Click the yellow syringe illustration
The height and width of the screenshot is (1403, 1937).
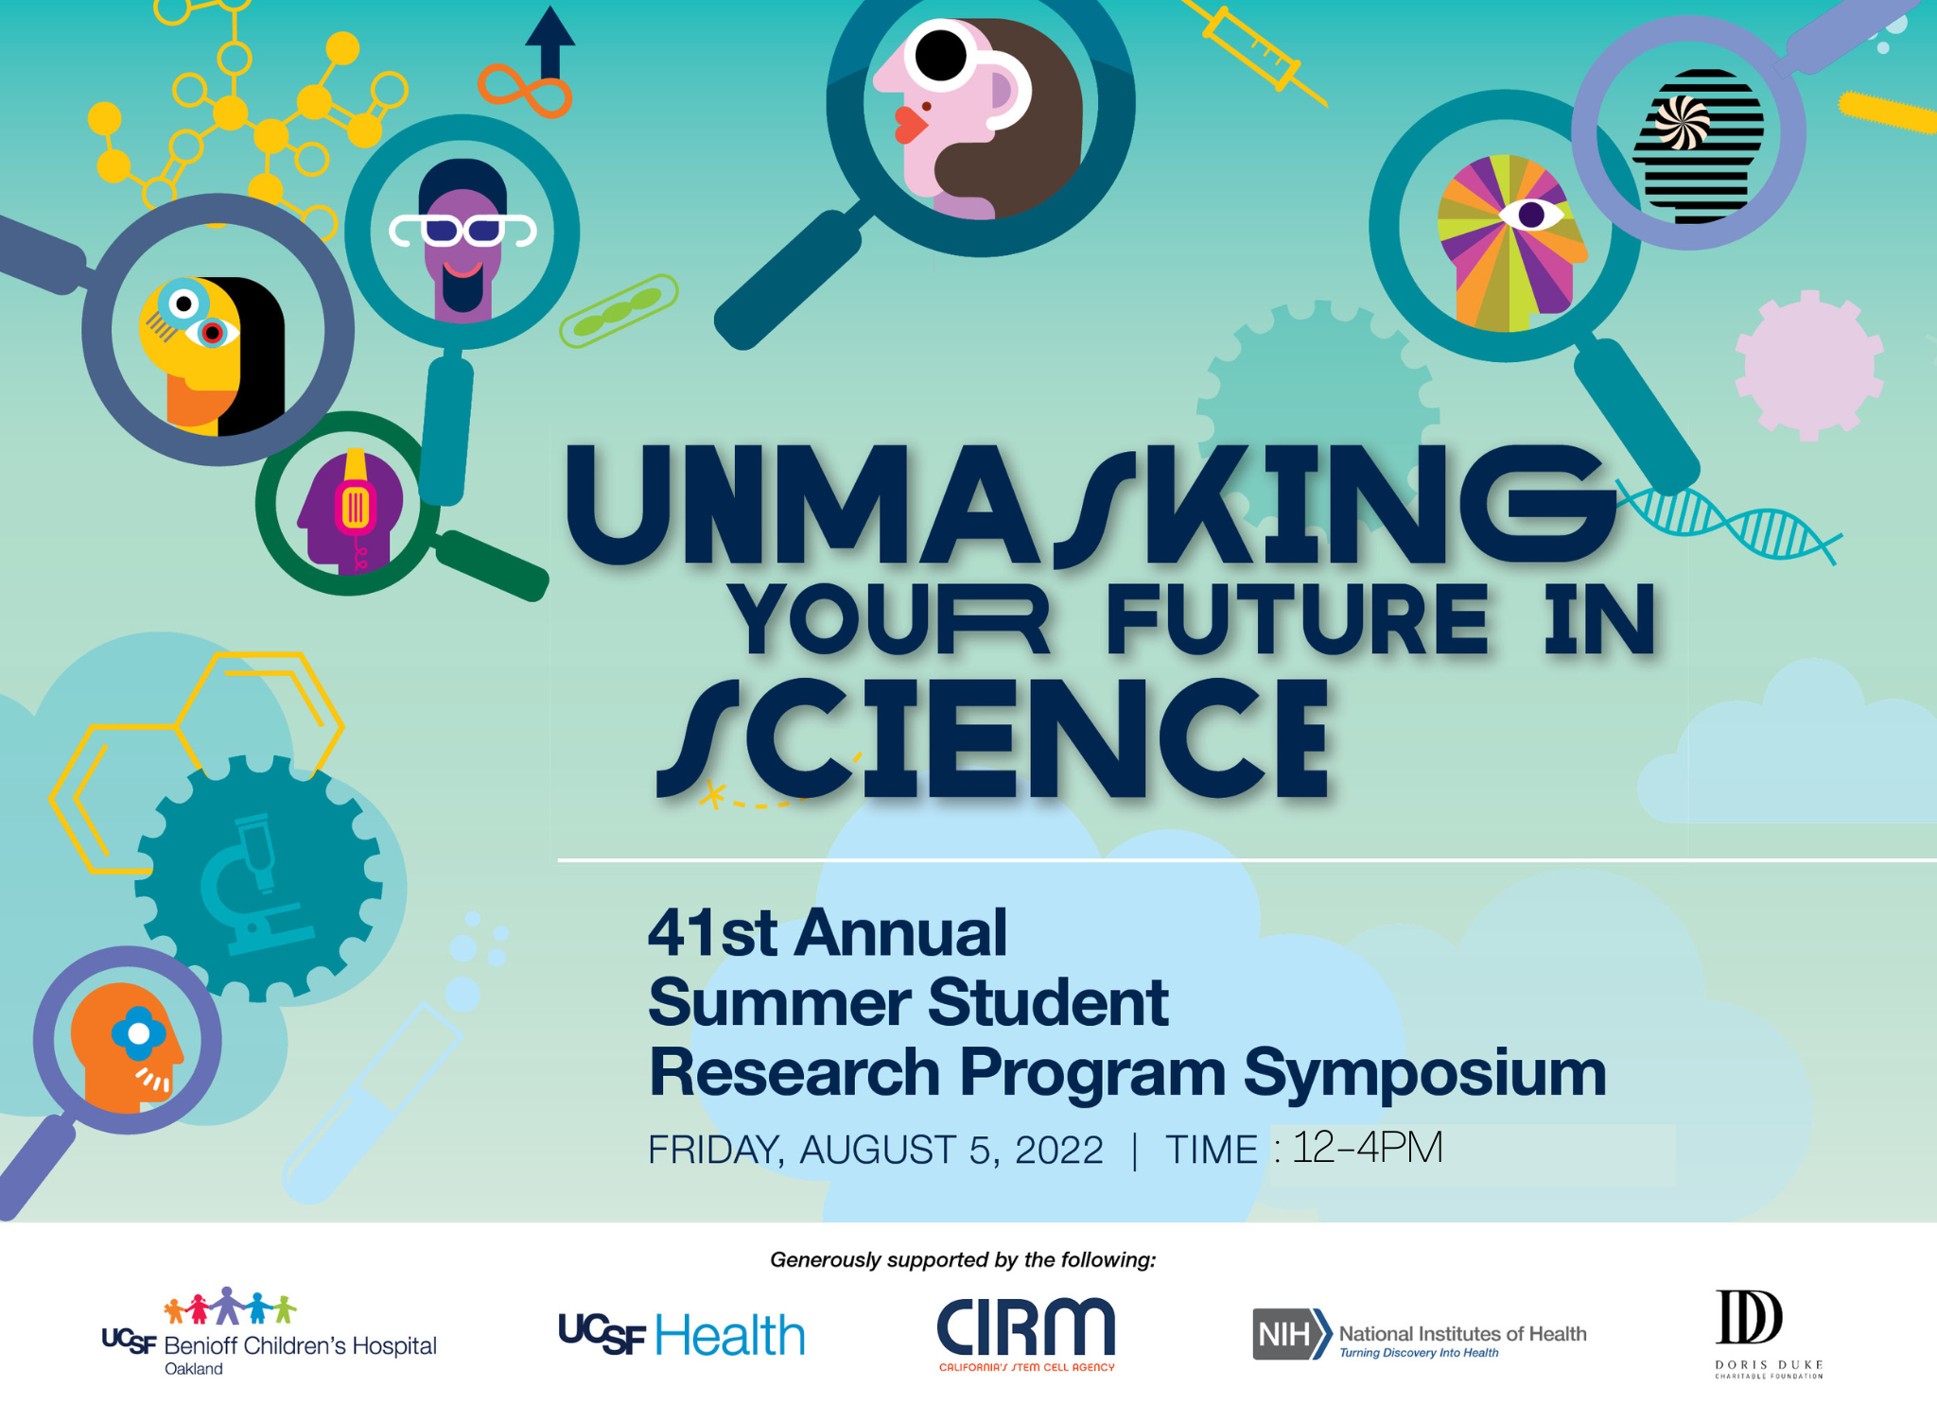1254,48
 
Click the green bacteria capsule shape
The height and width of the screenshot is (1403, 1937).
619,310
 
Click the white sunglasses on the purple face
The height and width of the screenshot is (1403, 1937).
463,231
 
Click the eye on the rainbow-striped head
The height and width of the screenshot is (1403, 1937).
1531,215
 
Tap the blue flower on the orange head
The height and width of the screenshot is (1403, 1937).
139,1034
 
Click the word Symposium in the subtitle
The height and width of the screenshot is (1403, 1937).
1424,1072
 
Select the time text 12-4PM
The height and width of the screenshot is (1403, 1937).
1368,1148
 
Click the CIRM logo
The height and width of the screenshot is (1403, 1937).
1026,1334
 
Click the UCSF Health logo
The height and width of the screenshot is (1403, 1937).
682,1334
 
